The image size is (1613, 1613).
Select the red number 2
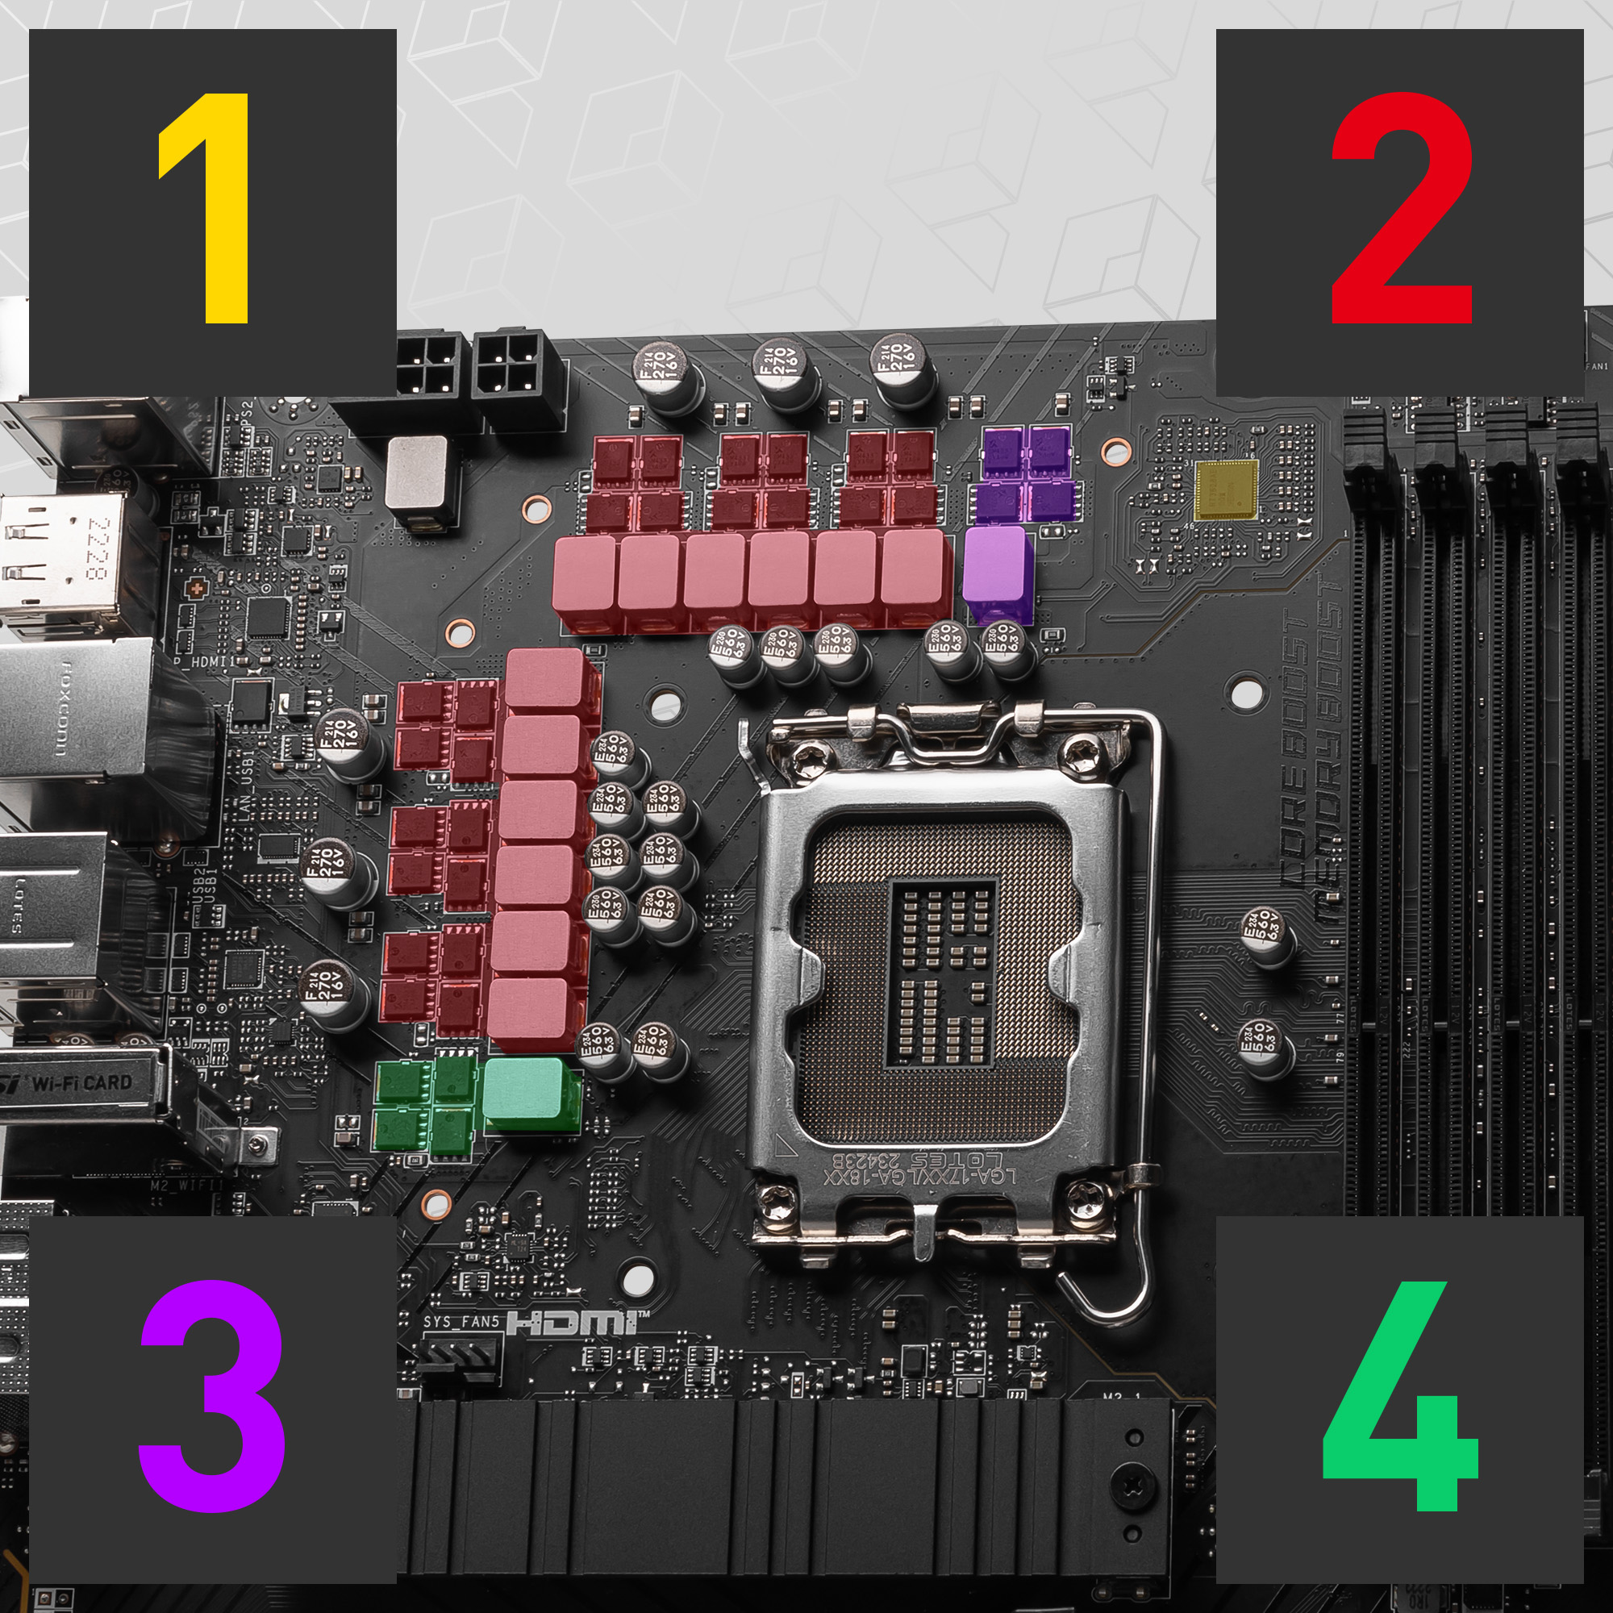pyautogui.click(x=1401, y=209)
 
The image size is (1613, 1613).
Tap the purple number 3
pyautogui.click(x=212, y=1396)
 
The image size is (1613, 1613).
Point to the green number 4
pyautogui.click(x=1401, y=1396)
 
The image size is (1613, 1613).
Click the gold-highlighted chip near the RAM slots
pyautogui.click(x=1226, y=490)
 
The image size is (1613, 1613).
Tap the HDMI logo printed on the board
pyautogui.click(x=576, y=1323)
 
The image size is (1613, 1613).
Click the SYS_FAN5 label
pyautogui.click(x=460, y=1322)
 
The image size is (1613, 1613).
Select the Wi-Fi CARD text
pyautogui.click(x=81, y=1084)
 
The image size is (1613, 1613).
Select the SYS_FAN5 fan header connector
pyautogui.click(x=457, y=1357)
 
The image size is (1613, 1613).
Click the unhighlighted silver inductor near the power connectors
pyautogui.click(x=419, y=473)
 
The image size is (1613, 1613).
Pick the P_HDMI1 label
pyautogui.click(x=200, y=662)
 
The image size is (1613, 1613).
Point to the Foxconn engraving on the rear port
pyautogui.click(x=63, y=711)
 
